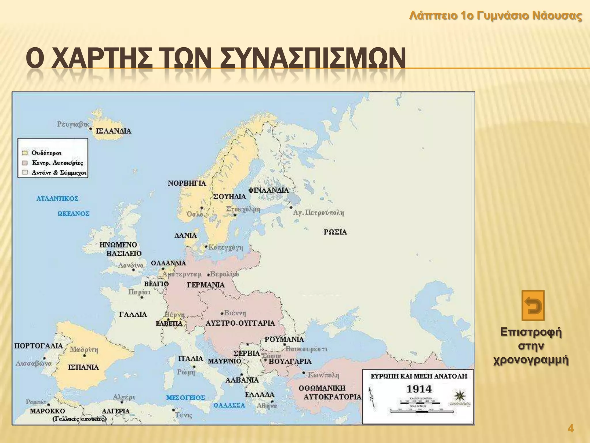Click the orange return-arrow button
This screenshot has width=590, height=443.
click(x=533, y=305)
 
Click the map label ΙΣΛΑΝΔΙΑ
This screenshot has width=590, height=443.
click(x=114, y=131)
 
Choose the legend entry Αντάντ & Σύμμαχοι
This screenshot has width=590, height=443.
click(x=59, y=173)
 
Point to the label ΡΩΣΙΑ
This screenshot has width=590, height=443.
click(x=335, y=232)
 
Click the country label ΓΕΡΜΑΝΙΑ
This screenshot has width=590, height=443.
click(x=206, y=285)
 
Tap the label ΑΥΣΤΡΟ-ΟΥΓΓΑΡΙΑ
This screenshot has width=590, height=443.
click(x=240, y=323)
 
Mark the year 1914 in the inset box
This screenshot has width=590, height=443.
click(x=419, y=389)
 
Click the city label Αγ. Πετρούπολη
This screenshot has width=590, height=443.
click(x=318, y=213)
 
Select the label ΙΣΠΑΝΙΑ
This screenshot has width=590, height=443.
click(x=84, y=367)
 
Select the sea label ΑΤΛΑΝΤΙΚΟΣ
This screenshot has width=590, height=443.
click(x=57, y=199)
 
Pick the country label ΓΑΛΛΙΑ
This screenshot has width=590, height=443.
click(x=133, y=314)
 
